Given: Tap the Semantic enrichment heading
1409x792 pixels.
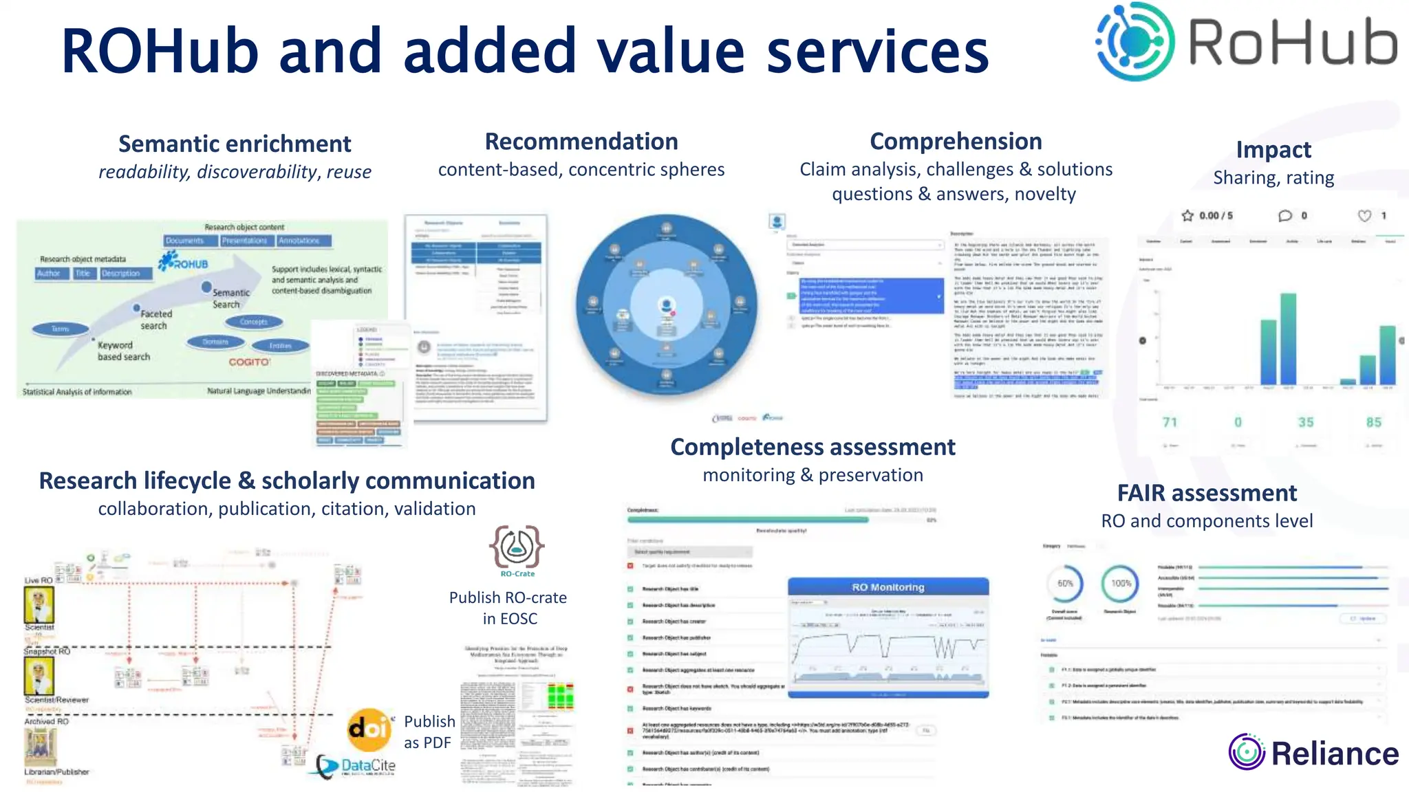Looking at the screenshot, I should tap(235, 144).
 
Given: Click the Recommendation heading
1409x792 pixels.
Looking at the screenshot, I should tap(581, 141).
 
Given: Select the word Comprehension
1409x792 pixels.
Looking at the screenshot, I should tap(956, 141).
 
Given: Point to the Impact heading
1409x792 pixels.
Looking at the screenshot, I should tap(1273, 149).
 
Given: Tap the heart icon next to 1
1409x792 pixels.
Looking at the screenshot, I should tap(1364, 215).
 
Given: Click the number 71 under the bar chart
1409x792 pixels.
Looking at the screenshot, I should tap(1170, 422).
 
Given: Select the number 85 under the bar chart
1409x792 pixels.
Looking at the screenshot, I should tap(1373, 422).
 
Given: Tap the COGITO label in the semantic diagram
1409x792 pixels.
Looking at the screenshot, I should tap(249, 362).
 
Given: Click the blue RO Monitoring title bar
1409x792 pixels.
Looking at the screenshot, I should tap(888, 587).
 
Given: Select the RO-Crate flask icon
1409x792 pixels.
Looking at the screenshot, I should tap(517, 547).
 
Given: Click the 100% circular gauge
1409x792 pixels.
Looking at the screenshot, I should tap(1121, 583).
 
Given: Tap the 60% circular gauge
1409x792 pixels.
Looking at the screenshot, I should tap(1065, 583).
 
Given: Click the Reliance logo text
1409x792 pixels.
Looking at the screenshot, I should tap(1334, 753).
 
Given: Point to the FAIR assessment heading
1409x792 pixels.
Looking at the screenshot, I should tap(1207, 493).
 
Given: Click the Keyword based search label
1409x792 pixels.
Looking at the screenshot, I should tap(123, 351).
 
